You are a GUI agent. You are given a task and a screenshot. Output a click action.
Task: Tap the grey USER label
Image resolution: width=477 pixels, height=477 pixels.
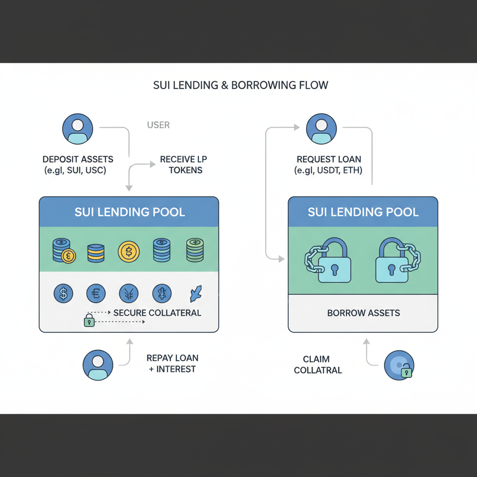158,125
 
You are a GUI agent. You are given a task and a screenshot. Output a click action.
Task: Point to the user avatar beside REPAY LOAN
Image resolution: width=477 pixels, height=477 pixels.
98,365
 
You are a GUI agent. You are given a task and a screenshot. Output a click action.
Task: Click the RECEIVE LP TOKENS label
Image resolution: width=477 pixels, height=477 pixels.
184,165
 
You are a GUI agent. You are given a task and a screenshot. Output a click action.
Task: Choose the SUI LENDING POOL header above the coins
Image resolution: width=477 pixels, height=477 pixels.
129,212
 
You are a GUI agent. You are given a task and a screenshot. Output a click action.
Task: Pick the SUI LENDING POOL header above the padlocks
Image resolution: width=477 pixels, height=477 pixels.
363,212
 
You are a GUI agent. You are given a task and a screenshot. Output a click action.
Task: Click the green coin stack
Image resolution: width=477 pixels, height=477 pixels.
195,250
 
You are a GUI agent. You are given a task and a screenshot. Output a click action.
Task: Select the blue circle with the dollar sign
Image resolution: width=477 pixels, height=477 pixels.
63,294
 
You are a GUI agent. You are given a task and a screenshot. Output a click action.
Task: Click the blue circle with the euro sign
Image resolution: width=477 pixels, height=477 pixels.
96,294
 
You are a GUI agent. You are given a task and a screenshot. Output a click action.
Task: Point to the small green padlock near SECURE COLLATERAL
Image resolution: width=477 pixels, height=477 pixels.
89,320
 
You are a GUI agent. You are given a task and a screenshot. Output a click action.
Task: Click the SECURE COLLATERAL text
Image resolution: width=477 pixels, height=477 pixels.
157,313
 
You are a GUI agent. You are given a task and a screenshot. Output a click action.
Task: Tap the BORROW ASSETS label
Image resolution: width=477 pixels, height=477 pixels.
363,313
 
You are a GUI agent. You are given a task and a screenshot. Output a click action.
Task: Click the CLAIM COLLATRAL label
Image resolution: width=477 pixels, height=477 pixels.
318,365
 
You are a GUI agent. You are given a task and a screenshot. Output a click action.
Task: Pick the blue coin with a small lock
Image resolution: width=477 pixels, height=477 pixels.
399,365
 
